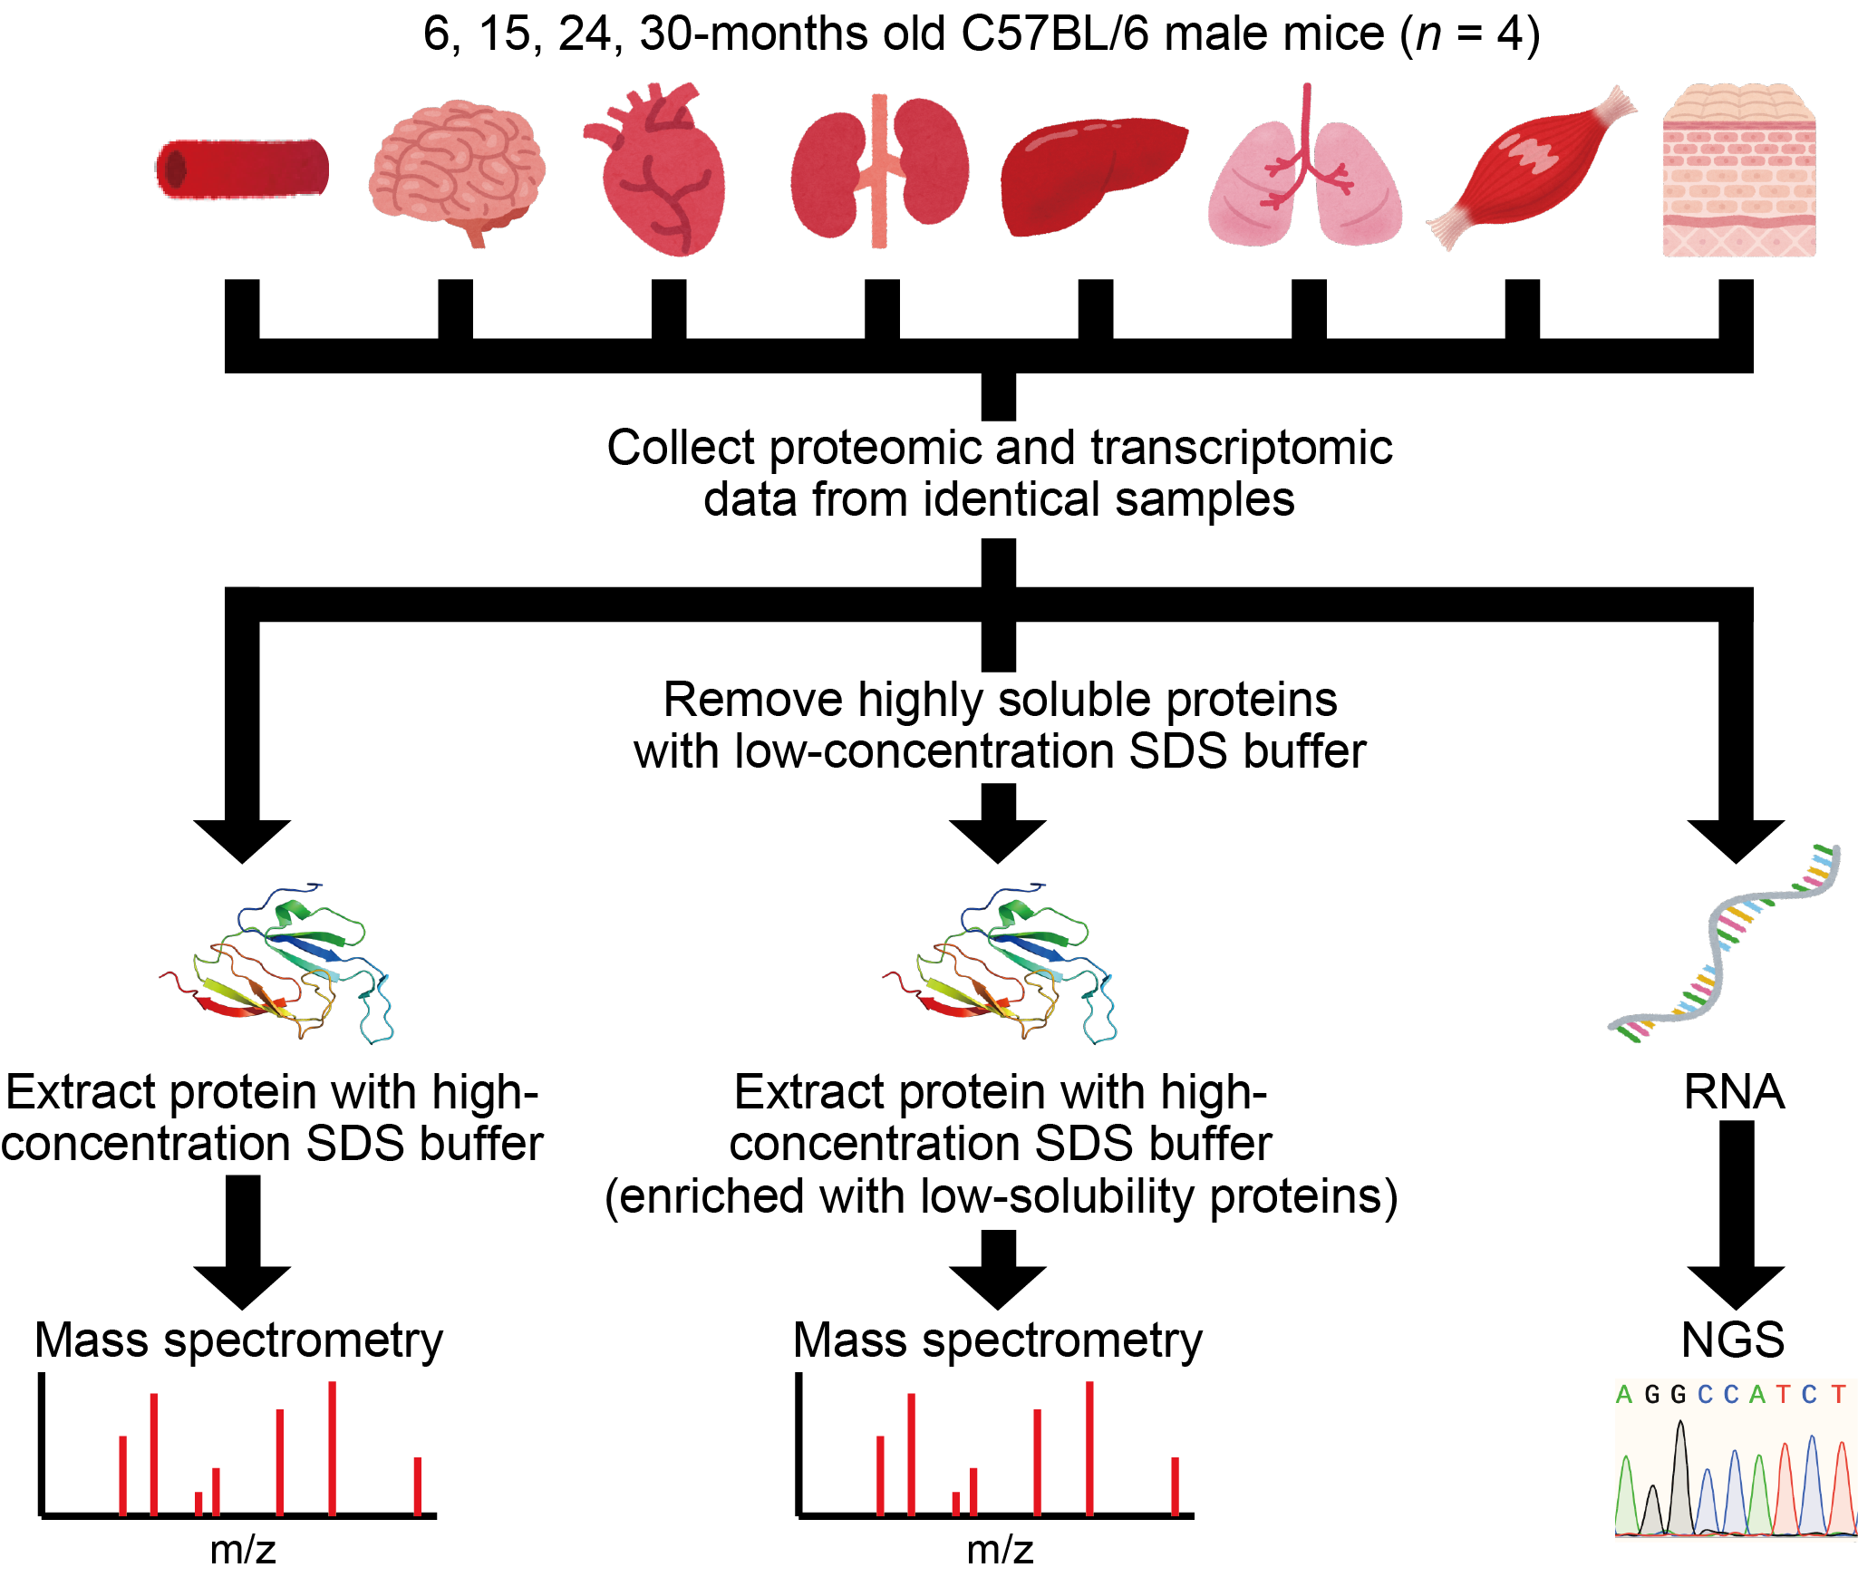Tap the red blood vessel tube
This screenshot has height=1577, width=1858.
coord(243,169)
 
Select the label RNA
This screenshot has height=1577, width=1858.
coord(1733,1092)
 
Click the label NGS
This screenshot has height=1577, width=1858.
coord(1733,1340)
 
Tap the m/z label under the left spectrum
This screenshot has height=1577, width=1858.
coord(242,1550)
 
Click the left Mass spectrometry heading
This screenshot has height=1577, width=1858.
coord(239,1340)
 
